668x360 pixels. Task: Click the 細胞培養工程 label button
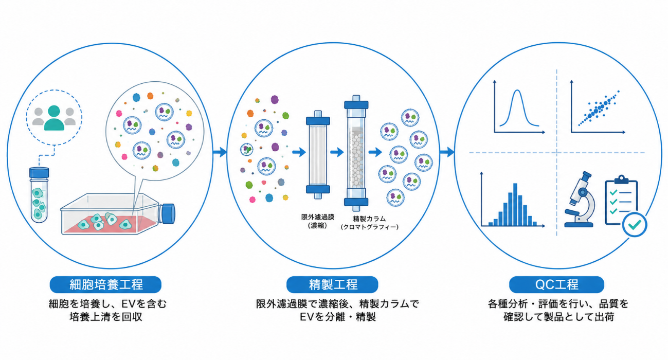105,284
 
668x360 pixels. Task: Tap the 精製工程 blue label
332,284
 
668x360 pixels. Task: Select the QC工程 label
556,284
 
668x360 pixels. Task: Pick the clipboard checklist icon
621,201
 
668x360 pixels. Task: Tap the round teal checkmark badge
635,225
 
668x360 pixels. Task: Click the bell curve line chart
519,107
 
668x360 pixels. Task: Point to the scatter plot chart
598,107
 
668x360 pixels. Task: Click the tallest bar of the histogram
515,204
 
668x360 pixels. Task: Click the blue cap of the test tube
39,173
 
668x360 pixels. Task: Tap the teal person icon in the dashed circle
54,118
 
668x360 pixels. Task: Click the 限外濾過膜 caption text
317,217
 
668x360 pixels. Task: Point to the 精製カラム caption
369,219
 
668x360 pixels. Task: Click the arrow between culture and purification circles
220,152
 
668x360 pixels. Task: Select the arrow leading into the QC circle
447,152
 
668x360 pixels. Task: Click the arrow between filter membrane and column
337,152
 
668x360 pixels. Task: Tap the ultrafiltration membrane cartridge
318,155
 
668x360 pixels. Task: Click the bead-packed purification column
356,153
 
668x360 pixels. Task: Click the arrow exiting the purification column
375,152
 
